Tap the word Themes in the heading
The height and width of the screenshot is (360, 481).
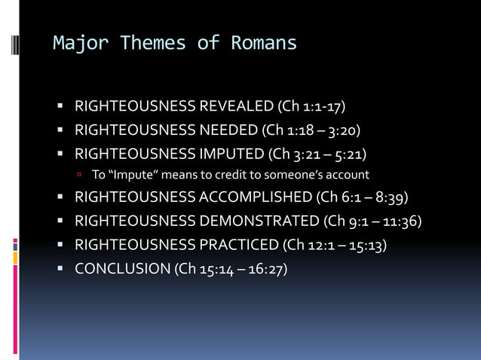152,43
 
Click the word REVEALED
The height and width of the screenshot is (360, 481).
236,106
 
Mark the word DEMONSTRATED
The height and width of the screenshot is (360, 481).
259,221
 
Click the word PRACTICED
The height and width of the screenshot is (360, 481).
238,246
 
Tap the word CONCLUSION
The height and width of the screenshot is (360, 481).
123,270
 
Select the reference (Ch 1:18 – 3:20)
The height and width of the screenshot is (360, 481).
311,131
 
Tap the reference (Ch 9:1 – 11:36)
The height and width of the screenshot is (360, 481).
372,221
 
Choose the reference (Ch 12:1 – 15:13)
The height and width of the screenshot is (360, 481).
335,246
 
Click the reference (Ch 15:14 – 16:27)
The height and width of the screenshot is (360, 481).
231,270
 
